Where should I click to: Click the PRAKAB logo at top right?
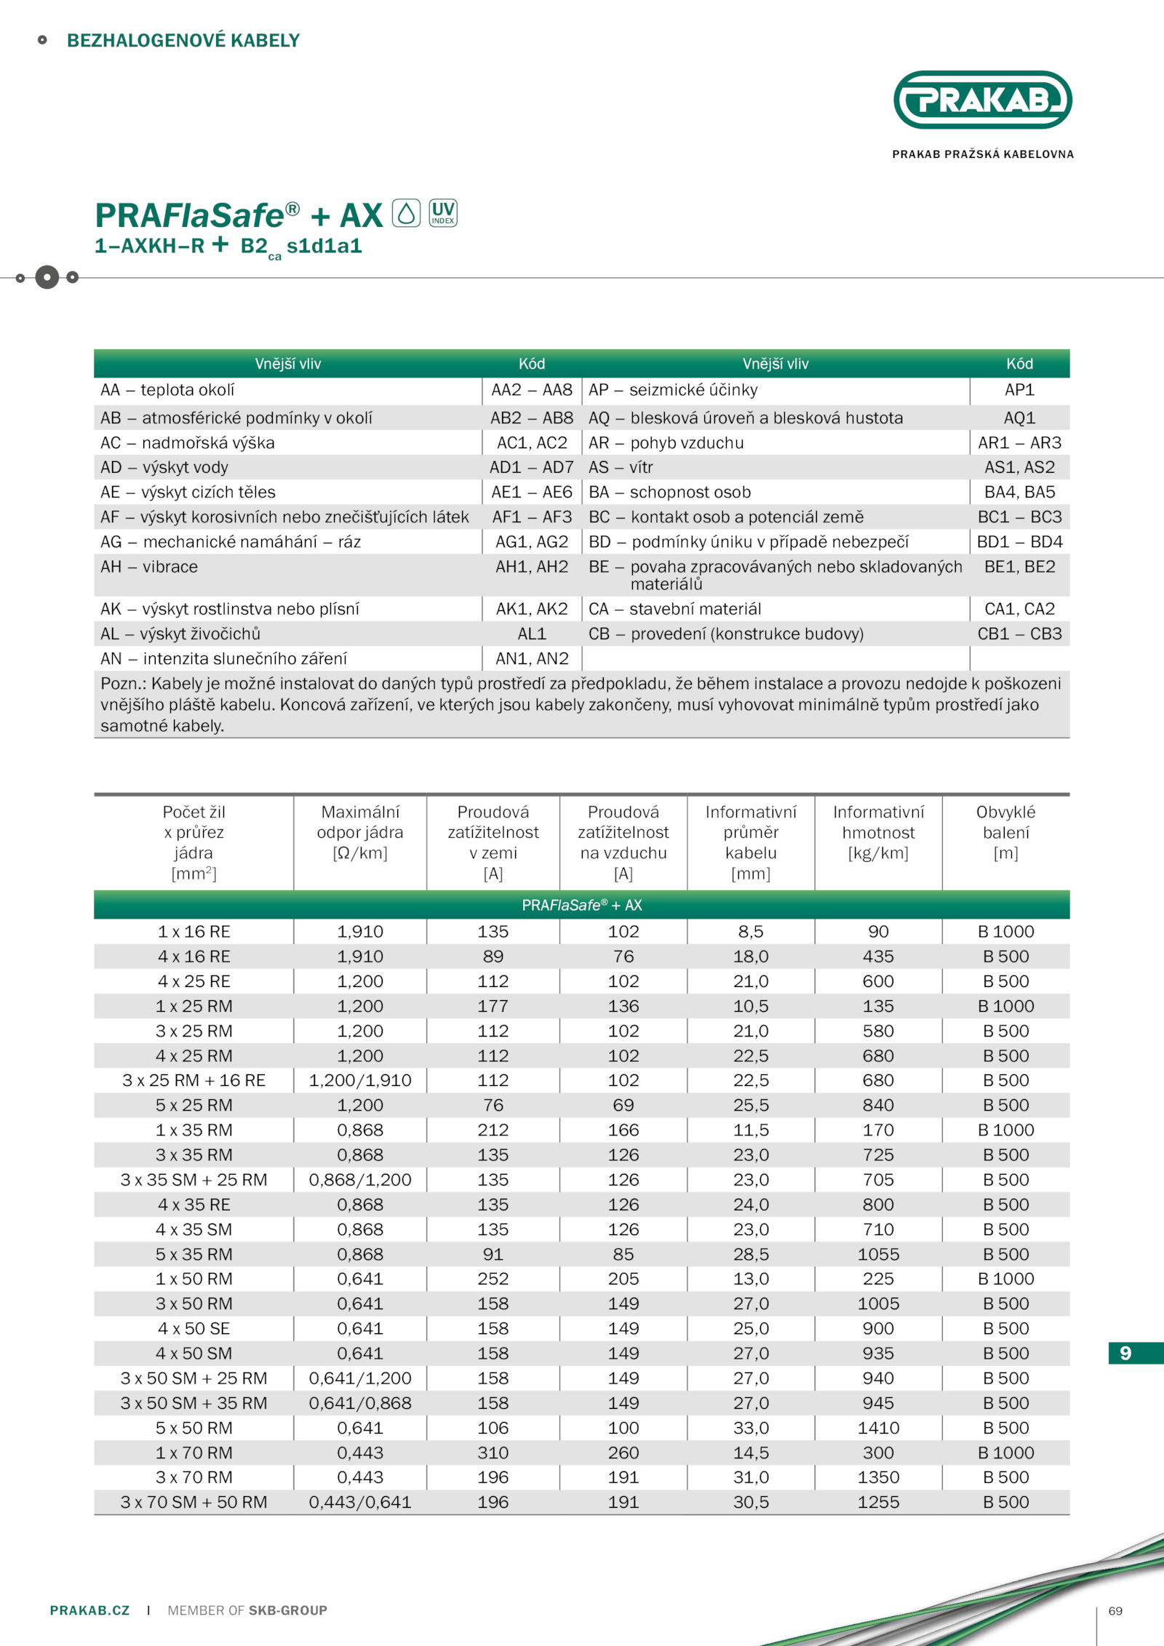(982, 100)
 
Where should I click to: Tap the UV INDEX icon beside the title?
(443, 213)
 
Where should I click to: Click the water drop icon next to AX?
(407, 213)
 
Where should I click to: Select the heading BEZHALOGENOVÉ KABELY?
(183, 41)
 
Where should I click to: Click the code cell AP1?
(1019, 390)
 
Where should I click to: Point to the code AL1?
(532, 634)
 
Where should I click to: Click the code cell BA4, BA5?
(1019, 492)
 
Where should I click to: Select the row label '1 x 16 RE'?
(194, 932)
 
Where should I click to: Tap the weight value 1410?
(878, 1428)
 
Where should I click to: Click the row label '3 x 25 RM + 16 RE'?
(194, 1080)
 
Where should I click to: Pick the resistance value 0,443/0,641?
(360, 1502)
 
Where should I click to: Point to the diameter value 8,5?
(751, 932)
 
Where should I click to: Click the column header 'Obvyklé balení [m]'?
(1005, 832)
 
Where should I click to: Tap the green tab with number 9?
(1126, 1353)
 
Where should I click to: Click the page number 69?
(1115, 1611)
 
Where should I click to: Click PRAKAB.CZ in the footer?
(89, 1610)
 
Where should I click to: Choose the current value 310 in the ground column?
(493, 1453)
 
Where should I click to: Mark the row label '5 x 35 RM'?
(194, 1254)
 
